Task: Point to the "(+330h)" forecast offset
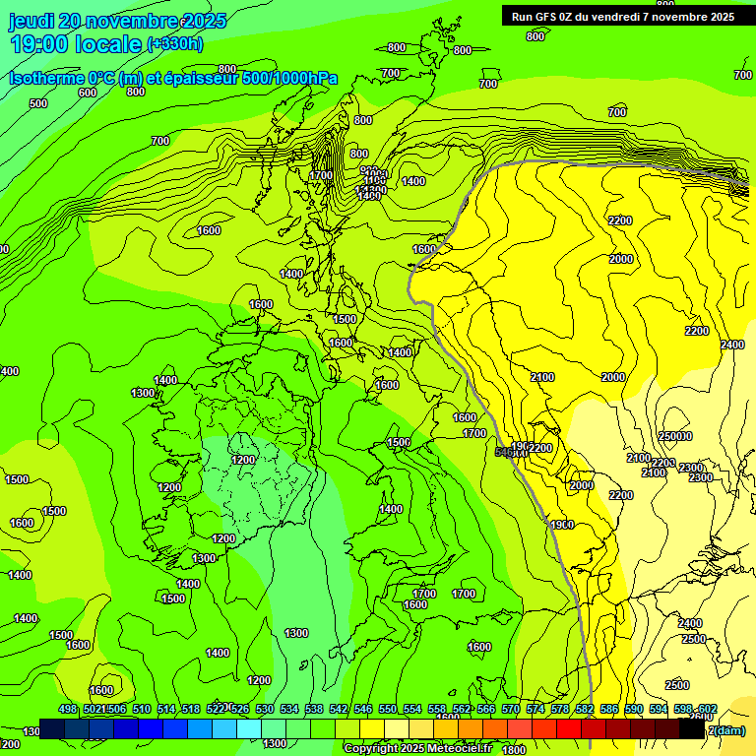tap(175, 44)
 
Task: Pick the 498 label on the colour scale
tap(68, 710)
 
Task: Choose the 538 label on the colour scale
tap(314, 710)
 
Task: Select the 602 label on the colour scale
tap(708, 710)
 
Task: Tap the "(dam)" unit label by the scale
tap(728, 729)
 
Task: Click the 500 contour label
tap(38, 103)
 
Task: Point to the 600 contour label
tap(88, 93)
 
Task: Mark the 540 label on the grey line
tap(508, 451)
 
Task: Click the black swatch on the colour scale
tap(692, 729)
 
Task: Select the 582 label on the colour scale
tap(585, 710)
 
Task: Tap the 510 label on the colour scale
tap(142, 710)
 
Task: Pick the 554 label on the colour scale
tap(412, 710)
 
